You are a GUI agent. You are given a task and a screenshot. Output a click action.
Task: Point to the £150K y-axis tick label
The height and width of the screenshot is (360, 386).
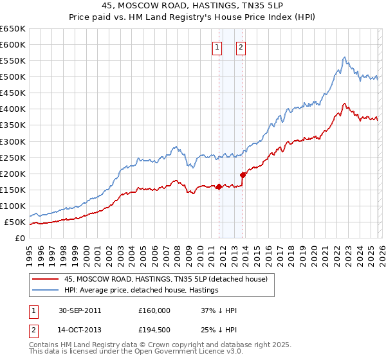(x=13, y=190)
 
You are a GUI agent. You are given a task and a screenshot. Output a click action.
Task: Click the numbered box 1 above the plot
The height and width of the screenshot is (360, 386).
(x=217, y=47)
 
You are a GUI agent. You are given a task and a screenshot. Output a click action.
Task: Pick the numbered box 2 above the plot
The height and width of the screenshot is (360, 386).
(x=241, y=47)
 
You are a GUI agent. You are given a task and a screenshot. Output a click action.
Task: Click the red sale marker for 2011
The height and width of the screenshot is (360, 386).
(x=219, y=187)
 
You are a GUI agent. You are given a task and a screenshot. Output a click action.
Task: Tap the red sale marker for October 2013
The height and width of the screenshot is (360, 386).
(x=243, y=175)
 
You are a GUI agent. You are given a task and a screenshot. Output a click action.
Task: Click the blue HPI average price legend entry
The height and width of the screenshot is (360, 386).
(x=141, y=290)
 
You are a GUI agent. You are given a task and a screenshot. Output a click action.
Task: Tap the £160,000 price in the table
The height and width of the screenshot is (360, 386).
(x=154, y=310)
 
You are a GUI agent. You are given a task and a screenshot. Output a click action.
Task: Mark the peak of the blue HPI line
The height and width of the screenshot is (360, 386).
(x=345, y=57)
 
